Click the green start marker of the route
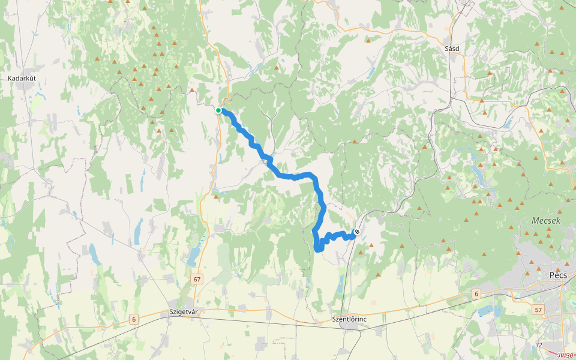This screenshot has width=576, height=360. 219,110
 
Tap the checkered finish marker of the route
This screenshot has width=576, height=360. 357,232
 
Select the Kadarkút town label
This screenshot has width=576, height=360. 23,78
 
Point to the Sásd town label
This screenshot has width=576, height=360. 452,49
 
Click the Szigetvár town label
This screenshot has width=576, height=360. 184,312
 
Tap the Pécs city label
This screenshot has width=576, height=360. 558,275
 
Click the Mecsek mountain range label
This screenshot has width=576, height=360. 545,221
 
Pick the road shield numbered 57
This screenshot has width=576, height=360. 539,310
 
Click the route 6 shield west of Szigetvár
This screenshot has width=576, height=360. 133,319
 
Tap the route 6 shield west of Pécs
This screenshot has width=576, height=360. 476,293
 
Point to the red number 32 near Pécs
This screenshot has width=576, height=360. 539,345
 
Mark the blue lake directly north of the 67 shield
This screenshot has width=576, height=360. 193,257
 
